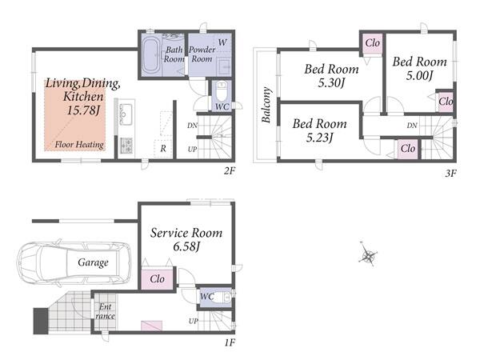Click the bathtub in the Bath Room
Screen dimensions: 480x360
151,55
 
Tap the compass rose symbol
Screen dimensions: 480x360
367,254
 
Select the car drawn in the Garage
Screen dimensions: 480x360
74,263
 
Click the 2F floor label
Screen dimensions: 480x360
230,170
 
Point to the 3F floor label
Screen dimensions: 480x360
450,174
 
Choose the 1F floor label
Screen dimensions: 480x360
230,342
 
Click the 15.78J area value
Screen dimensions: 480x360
84,110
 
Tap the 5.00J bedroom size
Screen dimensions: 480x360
419,75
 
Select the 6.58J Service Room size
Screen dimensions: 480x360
186,246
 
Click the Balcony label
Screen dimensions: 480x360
266,104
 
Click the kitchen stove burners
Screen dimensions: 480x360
126,146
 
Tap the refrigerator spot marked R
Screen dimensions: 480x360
163,149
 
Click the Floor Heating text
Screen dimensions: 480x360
79,145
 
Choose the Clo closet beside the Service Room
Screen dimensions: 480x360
157,279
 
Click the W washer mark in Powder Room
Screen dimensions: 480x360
222,42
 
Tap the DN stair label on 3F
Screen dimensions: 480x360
412,126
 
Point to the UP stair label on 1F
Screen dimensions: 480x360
193,321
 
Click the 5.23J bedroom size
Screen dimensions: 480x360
319,138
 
